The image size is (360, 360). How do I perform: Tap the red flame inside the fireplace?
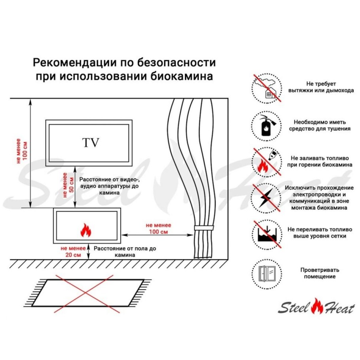coord(85,230)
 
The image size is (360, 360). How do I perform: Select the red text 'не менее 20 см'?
coord(73,252)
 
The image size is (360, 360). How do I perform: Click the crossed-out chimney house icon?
coord(267,88)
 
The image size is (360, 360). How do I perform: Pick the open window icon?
coord(267,274)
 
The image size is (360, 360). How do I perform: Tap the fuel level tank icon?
coord(267,237)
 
